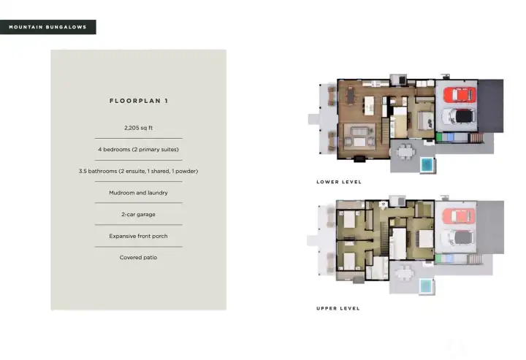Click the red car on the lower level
click(x=460, y=94)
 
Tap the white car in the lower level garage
click(x=457, y=116)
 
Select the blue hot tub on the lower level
click(x=427, y=164)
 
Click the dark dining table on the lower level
click(x=351, y=95)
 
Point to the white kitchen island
click(x=369, y=106)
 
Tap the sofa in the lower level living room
click(x=359, y=131)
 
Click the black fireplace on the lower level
click(x=359, y=159)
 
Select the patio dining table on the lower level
click(x=405, y=152)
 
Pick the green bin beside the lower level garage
click(x=439, y=137)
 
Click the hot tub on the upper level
click(x=426, y=286)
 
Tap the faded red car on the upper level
click(x=459, y=216)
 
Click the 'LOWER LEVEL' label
click(x=339, y=182)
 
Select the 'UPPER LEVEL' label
click(x=338, y=308)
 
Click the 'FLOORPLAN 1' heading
click(x=139, y=101)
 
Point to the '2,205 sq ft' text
click(x=138, y=128)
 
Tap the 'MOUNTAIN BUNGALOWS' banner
click(x=47, y=27)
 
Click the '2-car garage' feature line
click(x=138, y=215)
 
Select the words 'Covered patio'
click(x=138, y=258)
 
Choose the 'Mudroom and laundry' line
click(x=138, y=193)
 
